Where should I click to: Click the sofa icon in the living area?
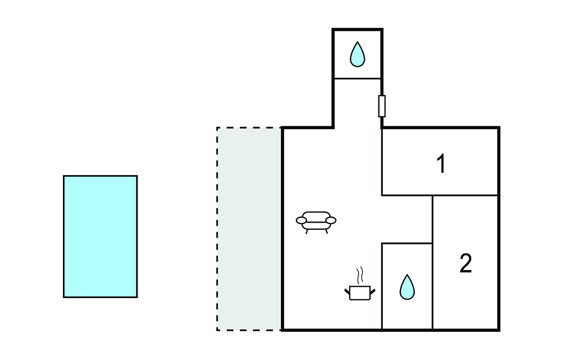pos(316,221)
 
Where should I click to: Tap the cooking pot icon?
pos(361,292)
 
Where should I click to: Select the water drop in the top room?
pos(358,54)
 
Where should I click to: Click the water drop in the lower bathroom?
pos(407,287)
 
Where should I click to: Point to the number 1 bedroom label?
pos(441,164)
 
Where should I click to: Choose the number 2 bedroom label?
pos(466,264)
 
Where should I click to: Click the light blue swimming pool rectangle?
pos(100,236)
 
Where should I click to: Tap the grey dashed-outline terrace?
pos(249,229)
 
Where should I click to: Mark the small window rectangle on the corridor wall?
pos(381,106)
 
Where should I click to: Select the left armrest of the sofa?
pos(301,220)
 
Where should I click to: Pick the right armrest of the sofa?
pos(331,220)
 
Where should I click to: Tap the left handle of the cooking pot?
pos(348,289)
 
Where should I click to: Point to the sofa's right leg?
pos(326,231)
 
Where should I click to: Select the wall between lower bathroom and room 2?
pos(433,287)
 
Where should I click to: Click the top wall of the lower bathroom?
pos(407,243)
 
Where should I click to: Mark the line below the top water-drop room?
pos(357,78)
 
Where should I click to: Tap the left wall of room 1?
pos(382,161)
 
